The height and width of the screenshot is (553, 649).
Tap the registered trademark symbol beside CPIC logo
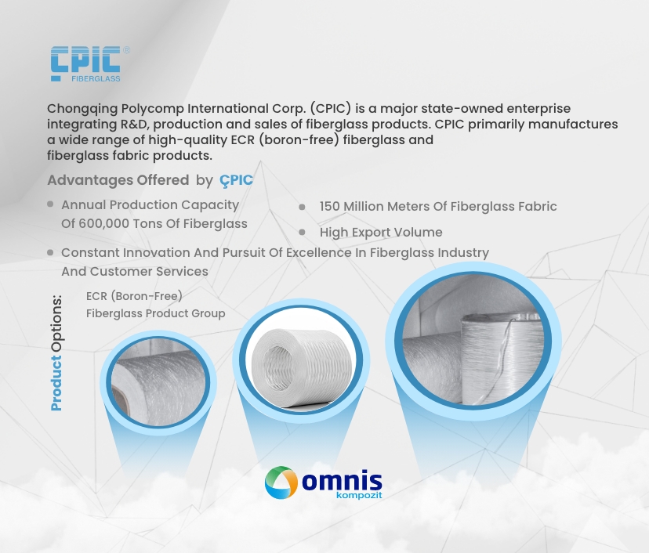(x=127, y=50)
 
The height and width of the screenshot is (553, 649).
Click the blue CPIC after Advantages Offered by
(x=236, y=180)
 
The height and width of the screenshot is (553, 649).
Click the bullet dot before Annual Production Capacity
(x=50, y=204)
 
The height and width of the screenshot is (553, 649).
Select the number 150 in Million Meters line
(x=329, y=206)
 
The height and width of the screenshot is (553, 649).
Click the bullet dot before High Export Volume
(x=302, y=233)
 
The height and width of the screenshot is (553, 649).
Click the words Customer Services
(x=149, y=271)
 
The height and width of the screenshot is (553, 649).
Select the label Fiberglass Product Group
(x=156, y=313)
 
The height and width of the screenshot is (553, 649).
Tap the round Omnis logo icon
(x=281, y=483)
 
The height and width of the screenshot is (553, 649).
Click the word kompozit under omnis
(x=359, y=495)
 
